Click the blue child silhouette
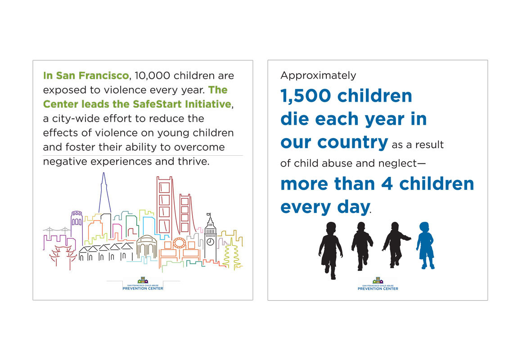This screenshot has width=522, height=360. point(425,245)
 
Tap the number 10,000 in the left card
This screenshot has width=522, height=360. point(153,76)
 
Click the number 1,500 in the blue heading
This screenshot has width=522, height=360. point(306,96)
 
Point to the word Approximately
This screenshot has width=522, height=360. point(318,76)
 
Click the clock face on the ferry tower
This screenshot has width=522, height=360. point(210,242)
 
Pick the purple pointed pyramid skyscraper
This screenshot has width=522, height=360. point(104,193)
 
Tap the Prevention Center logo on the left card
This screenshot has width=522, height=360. point(143,284)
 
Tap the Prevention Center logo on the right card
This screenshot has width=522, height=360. point(378,284)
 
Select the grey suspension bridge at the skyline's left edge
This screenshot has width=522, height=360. point(57,230)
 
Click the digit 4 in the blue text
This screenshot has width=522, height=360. point(387,184)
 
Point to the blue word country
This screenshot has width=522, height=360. point(352,143)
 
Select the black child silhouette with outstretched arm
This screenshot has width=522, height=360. point(396,245)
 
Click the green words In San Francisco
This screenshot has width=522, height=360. point(86,76)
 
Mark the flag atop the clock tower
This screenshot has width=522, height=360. point(208,215)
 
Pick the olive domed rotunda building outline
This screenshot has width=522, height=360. point(147,247)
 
